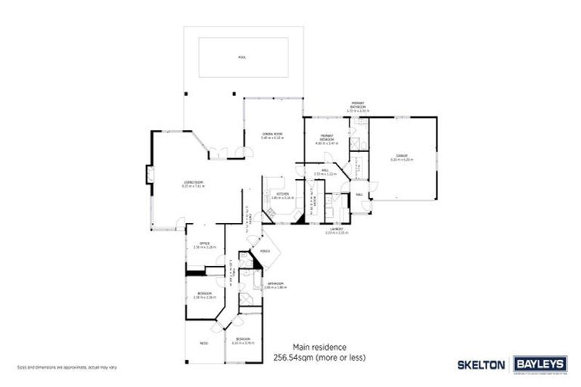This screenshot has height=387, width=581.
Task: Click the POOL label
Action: coord(242,57)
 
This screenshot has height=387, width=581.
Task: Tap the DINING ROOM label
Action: coord(272,133)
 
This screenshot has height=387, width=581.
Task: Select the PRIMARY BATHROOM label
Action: coord(357,104)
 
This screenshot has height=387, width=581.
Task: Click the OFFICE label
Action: coord(205,243)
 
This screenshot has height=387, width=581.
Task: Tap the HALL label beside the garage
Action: coord(359,194)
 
